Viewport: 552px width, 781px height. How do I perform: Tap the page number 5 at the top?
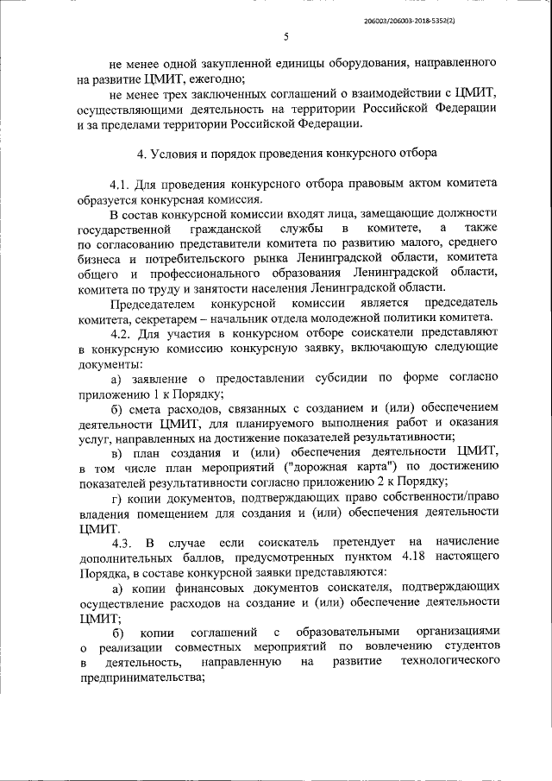point(285,36)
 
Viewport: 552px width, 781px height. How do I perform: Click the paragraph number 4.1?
point(121,185)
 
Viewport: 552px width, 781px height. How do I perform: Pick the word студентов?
point(467,646)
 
